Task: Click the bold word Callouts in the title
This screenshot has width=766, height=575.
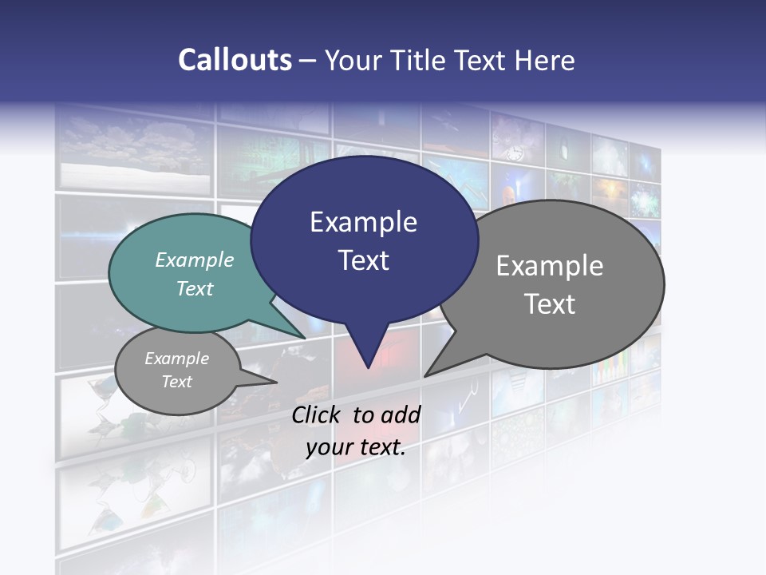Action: click(x=235, y=60)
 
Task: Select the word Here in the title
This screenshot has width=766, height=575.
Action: click(x=544, y=60)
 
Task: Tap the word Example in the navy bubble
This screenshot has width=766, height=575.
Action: click(x=363, y=222)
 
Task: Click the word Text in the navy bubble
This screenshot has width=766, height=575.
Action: click(x=363, y=260)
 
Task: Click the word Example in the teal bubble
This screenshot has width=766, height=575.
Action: click(x=195, y=260)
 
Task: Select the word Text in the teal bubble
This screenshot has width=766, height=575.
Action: click(x=195, y=289)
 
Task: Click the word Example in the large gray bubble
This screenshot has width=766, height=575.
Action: click(x=550, y=266)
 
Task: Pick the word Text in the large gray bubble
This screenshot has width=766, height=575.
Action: click(x=550, y=304)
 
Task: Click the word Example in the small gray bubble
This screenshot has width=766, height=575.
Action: click(x=177, y=359)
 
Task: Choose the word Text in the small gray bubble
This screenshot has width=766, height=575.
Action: click(x=177, y=382)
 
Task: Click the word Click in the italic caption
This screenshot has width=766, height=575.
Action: click(x=318, y=414)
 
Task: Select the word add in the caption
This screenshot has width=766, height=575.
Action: click(x=401, y=414)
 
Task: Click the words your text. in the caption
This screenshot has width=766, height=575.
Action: click(x=356, y=447)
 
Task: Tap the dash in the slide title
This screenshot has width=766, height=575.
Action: click(x=308, y=60)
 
